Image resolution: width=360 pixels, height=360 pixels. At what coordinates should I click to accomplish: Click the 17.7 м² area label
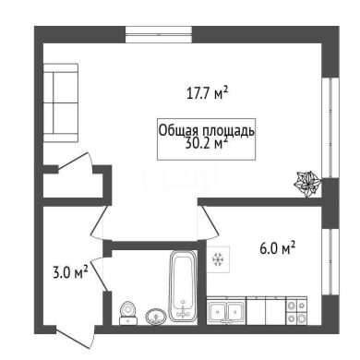(x=207, y=93)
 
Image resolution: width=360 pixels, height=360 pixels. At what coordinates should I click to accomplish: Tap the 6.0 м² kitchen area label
(x=278, y=248)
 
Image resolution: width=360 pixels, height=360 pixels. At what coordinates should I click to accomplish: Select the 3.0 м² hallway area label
(x=71, y=272)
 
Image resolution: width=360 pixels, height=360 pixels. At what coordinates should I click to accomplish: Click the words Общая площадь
(x=207, y=131)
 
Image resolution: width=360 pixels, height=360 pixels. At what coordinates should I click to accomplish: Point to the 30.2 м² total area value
(x=207, y=143)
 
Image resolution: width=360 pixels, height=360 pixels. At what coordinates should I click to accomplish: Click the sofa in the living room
(x=61, y=102)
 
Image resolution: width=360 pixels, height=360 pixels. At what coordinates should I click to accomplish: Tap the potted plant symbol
(x=307, y=185)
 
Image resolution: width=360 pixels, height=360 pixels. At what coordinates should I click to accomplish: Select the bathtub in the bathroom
(x=184, y=286)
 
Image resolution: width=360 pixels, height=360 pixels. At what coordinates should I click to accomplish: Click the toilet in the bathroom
(x=128, y=313)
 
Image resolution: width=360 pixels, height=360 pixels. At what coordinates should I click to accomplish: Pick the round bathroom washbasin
(x=156, y=317)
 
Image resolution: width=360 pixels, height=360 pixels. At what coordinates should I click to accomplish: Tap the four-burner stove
(x=296, y=310)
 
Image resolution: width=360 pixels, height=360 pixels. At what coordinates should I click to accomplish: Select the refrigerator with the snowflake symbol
(x=218, y=259)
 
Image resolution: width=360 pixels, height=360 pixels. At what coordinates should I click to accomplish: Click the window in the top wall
(x=159, y=35)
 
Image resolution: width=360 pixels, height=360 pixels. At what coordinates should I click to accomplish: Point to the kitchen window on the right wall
(x=330, y=262)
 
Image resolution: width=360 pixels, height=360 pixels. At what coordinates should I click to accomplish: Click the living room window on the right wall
(x=330, y=127)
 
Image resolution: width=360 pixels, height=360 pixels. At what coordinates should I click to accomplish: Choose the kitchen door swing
(x=210, y=222)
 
